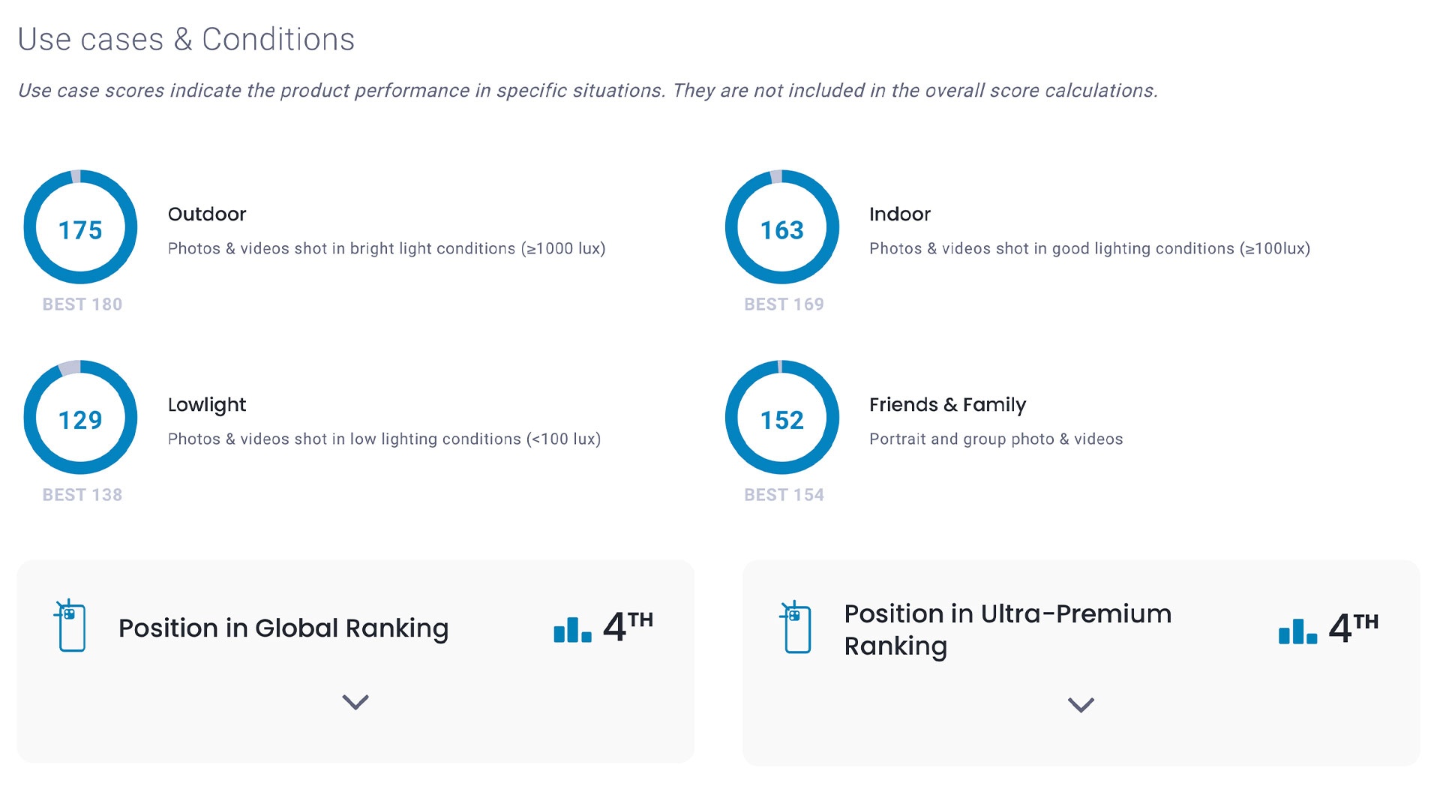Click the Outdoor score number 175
(80, 229)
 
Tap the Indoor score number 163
(781, 229)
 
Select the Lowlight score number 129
(80, 420)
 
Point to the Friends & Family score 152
(781, 420)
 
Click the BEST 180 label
(82, 304)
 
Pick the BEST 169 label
(784, 304)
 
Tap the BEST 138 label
(82, 495)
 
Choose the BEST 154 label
(784, 495)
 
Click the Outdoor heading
(207, 214)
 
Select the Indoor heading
(900, 214)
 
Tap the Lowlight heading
(207, 405)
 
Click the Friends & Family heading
(947, 405)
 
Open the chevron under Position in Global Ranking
(355, 702)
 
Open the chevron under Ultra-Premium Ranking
(1081, 705)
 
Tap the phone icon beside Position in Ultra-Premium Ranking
(796, 628)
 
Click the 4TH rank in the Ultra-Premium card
(1353, 627)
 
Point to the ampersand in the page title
(183, 40)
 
